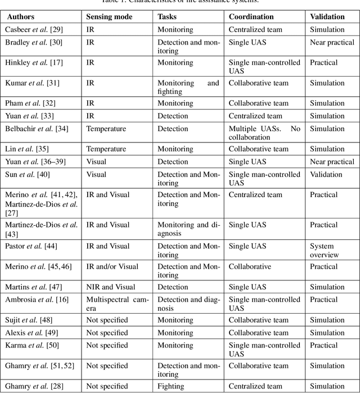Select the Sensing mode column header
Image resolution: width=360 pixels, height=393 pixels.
pyautogui.click(x=109, y=17)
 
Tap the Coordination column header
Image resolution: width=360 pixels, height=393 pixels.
pyautogui.click(x=251, y=17)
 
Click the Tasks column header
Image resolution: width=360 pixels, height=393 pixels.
pyautogui.click(x=168, y=17)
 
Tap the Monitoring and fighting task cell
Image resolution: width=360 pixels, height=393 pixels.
pyautogui.click(x=188, y=87)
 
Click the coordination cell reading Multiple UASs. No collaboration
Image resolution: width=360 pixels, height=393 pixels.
pyautogui.click(x=264, y=133)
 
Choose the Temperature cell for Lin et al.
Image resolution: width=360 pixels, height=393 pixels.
pyautogui.click(x=106, y=149)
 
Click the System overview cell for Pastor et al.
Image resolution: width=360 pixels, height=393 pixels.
pyautogui.click(x=324, y=251)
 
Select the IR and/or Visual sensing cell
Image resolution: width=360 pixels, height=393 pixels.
pyautogui.click(x=113, y=266)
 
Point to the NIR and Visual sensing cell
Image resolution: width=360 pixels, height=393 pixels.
pyautogui.click(x=111, y=287)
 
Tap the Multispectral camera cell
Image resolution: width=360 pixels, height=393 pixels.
pyautogui.click(x=117, y=304)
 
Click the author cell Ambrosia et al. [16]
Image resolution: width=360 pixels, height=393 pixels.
pyautogui.click(x=35, y=300)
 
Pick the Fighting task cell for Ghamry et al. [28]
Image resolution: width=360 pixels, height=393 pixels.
pyautogui.click(x=170, y=386)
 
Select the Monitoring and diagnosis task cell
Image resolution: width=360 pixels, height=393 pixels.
pyautogui.click(x=188, y=229)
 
